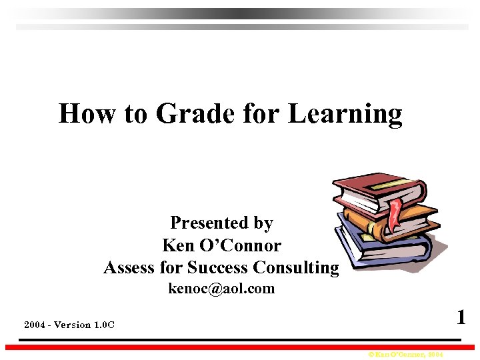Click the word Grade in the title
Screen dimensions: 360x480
coord(193,114)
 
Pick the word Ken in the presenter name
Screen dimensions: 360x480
coord(178,245)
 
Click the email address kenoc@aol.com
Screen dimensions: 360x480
coord(221,289)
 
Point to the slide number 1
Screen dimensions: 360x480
coord(461,316)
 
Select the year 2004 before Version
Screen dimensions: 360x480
coord(35,325)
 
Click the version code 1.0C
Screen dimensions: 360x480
coord(104,325)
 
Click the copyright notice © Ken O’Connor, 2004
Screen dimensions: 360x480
coord(405,355)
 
